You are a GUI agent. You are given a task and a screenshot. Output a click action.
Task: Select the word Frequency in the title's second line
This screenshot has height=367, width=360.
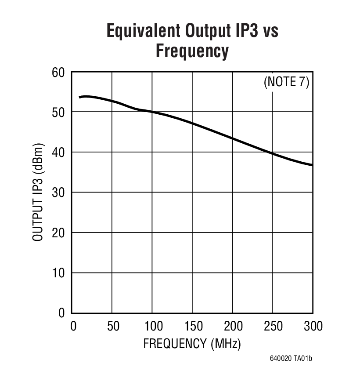point(192,51)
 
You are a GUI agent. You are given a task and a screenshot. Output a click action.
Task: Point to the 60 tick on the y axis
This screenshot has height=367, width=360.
point(58,72)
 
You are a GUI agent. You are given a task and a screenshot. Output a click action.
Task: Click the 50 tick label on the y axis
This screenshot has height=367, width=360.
point(58,112)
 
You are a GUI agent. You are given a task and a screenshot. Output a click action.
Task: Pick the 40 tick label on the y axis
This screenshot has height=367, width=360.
point(58,152)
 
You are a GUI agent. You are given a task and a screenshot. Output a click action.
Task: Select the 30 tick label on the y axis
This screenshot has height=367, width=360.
point(58,193)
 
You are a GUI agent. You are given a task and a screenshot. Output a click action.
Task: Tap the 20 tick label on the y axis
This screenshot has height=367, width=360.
point(58,233)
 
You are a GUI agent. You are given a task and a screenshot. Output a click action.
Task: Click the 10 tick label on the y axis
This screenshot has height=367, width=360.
point(58,273)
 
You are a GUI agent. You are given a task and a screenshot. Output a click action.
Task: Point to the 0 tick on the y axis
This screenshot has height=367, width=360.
point(61,313)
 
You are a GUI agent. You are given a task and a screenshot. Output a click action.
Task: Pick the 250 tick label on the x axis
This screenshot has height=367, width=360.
point(273,326)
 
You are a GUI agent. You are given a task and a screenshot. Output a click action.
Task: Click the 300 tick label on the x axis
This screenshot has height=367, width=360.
point(312,326)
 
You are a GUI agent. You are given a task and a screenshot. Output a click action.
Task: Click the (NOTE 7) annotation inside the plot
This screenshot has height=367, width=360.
point(286,82)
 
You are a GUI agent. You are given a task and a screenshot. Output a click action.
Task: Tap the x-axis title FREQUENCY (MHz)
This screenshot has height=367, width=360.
point(192,343)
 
